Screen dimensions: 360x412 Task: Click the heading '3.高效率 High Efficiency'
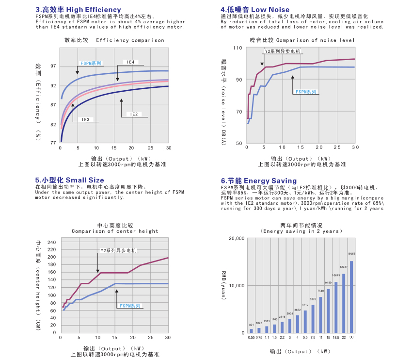tap(78, 10)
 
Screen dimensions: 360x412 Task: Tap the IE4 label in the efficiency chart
tap(130, 62)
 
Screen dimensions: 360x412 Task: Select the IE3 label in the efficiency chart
tap(85, 119)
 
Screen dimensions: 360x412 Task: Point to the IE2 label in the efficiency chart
tap(134, 114)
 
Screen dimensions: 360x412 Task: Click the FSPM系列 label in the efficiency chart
tap(91, 63)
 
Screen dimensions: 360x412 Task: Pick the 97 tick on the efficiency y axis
tap(53, 66)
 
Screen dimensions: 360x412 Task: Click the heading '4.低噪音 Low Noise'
tap(255, 10)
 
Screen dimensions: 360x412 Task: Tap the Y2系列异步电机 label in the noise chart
tap(282, 51)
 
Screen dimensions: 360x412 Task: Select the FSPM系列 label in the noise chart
tap(306, 91)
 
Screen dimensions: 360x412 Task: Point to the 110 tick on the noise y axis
tap(237, 48)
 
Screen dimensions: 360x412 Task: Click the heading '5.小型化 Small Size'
tap(69, 180)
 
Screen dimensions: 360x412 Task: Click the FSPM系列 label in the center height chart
tap(130, 306)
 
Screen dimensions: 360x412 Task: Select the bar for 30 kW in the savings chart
tap(351, 297)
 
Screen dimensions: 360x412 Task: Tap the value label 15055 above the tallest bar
tap(351, 253)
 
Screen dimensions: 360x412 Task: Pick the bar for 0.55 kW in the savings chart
tap(251, 331)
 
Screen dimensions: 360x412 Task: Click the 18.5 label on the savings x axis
tap(335, 337)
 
